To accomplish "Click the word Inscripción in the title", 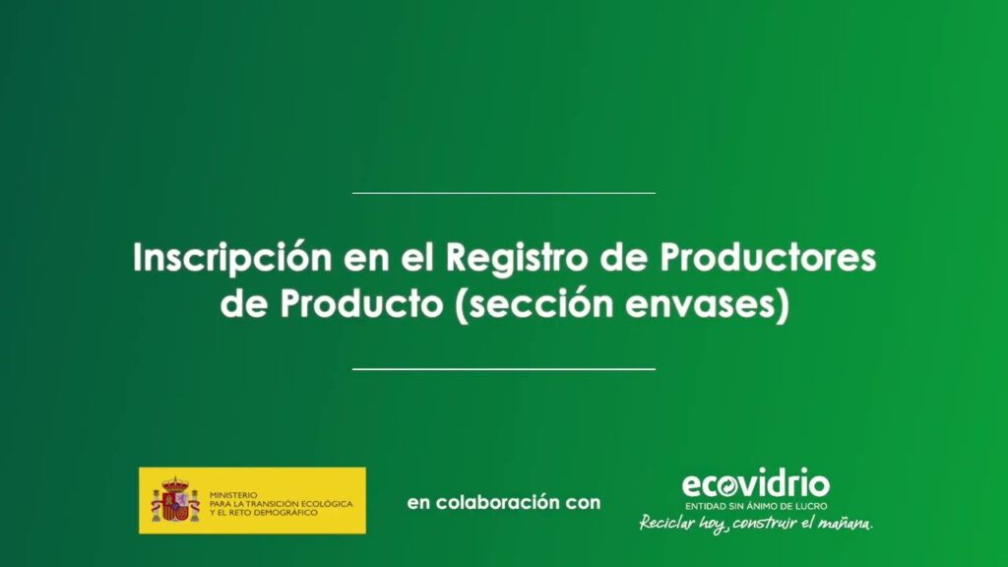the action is [x=232, y=259].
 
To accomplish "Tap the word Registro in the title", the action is [x=517, y=259].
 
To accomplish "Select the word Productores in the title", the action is [x=768, y=257].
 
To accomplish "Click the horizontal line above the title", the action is [x=504, y=192].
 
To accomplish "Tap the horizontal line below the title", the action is [x=504, y=369].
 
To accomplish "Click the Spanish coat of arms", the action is [x=175, y=499].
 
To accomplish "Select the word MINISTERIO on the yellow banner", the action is [x=233, y=495].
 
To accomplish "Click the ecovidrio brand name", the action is [x=755, y=484].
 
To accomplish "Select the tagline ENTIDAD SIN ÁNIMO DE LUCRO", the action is [x=756, y=506].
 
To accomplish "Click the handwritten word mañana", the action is [x=846, y=524].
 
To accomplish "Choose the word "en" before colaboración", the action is [x=418, y=503].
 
